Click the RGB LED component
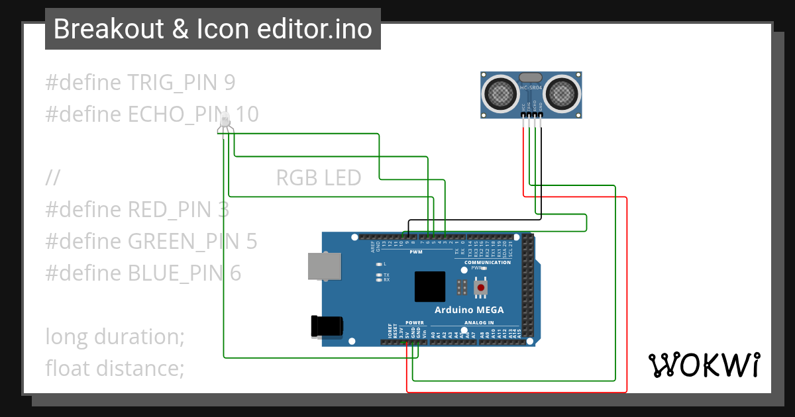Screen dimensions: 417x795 [x=225, y=121]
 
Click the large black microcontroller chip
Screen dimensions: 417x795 [x=430, y=287]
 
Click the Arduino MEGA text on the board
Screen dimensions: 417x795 [x=469, y=310]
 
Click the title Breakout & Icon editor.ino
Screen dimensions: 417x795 [x=213, y=29]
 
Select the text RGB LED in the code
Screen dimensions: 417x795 [x=318, y=178]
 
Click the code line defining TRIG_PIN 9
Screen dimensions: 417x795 [x=140, y=83]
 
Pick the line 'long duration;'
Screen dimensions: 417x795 [x=115, y=336]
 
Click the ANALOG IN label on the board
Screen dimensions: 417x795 [x=478, y=323]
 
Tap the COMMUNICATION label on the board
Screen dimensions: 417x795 [x=488, y=263]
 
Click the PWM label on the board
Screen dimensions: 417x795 [x=416, y=252]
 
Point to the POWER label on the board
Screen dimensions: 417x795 [x=415, y=323]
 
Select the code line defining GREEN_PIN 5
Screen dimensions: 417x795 [x=151, y=241]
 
